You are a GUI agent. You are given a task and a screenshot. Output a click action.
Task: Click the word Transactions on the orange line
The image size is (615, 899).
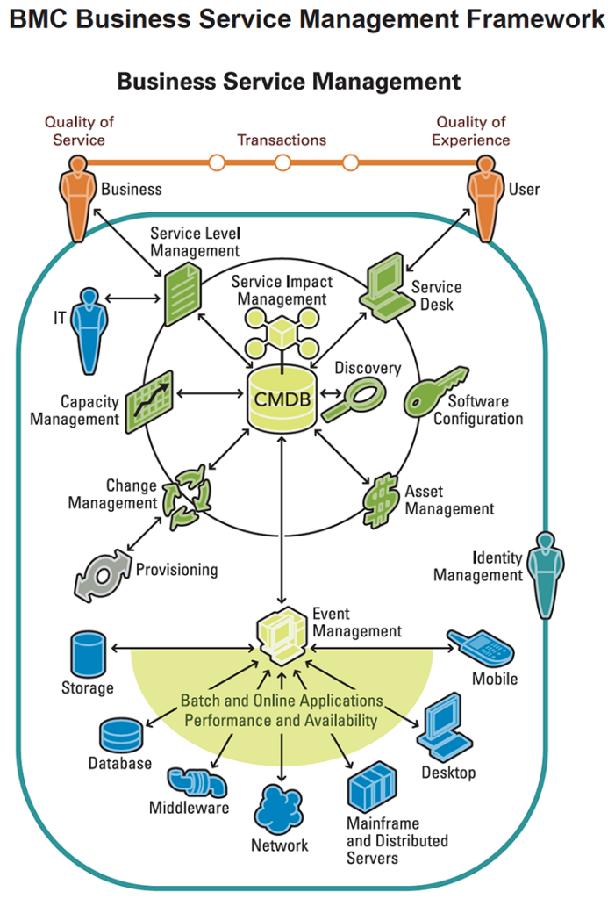point(282,140)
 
